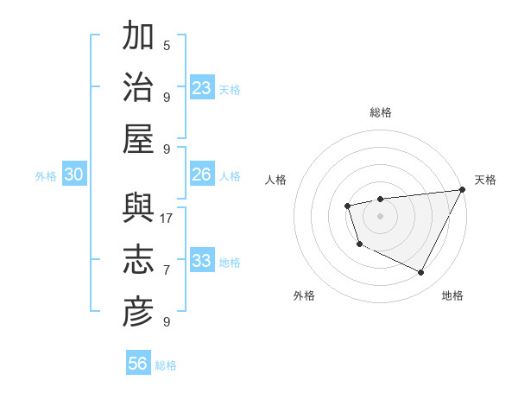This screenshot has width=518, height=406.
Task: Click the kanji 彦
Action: [x=138, y=312]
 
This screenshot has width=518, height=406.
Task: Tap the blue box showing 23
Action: [x=202, y=88]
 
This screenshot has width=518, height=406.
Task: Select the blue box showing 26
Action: [x=202, y=174]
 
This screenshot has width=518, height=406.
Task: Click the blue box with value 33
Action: [x=202, y=261]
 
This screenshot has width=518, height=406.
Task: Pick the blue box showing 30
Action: [x=74, y=174]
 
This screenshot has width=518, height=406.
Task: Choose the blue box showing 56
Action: [x=138, y=364]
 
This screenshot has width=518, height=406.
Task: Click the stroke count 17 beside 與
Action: [x=167, y=218]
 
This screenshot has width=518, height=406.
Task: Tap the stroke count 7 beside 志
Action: [x=167, y=270]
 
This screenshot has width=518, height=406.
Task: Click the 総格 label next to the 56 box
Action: [x=166, y=365]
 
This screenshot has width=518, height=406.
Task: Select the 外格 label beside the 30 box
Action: [x=46, y=176]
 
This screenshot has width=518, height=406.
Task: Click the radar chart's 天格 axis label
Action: [x=485, y=180]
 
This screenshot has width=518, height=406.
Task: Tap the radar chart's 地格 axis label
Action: [x=452, y=295]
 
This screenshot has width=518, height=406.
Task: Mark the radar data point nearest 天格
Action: [x=462, y=190]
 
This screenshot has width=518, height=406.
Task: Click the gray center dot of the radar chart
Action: [x=380, y=215]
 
